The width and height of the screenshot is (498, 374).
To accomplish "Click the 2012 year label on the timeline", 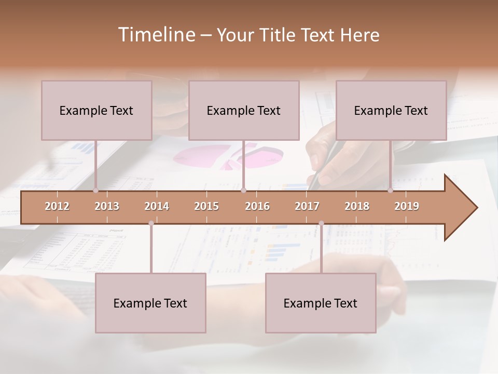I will point(57,206).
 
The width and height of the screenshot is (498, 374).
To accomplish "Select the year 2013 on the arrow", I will point(107,206).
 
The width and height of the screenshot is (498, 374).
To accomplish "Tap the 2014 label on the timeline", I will point(157,206).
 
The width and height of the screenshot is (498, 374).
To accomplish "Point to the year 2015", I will point(206,206).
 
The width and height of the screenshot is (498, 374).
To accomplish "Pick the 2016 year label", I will point(257,206).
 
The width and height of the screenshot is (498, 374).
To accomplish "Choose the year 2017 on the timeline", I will point(307,206).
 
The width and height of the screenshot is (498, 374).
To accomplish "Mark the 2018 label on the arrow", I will point(357,206).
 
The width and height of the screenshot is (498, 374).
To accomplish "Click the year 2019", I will point(407,206).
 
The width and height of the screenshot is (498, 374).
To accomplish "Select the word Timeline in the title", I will point(156,35).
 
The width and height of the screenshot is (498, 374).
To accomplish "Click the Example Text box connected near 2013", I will point(96,110).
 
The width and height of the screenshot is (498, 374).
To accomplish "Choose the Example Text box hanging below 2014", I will point(150,303).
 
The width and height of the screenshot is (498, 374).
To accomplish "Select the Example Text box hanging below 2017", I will point(321,303).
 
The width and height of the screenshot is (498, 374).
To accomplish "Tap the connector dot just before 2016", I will point(243,191).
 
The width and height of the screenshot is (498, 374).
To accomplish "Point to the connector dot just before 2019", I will point(391,191).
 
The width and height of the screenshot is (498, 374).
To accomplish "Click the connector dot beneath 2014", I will point(151,223).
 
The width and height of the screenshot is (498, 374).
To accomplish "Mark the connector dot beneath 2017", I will point(321,223).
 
